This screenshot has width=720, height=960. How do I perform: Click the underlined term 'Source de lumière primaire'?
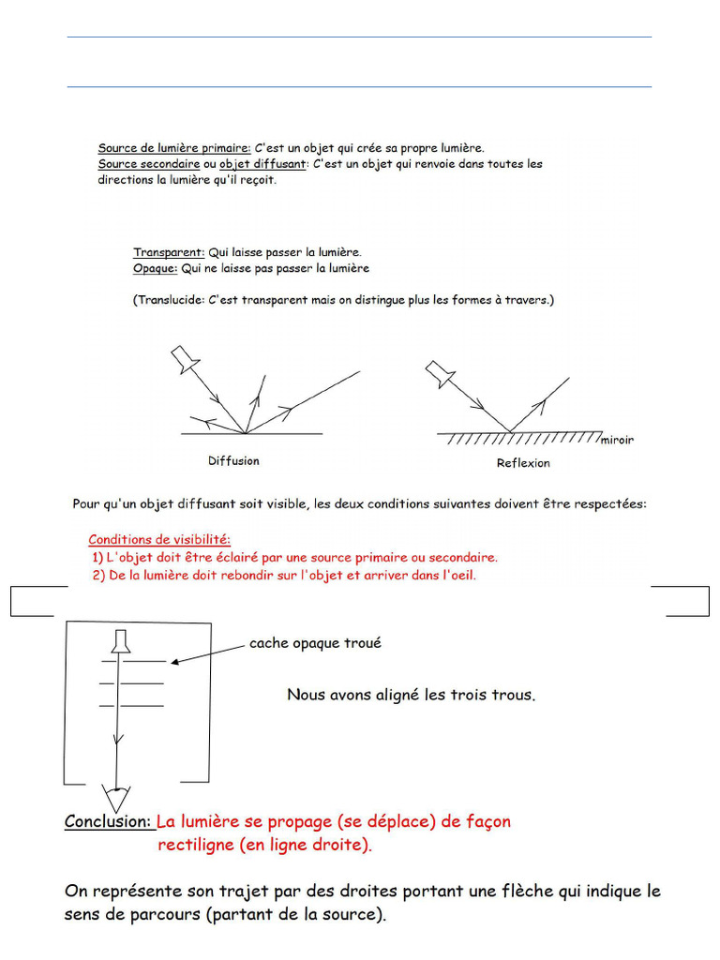tap(174, 147)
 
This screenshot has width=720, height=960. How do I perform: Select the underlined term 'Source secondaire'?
tap(149, 163)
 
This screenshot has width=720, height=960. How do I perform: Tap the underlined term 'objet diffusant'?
tap(262, 163)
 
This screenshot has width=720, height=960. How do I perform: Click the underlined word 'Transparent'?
tap(169, 252)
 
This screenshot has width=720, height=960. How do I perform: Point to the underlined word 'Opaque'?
tap(156, 268)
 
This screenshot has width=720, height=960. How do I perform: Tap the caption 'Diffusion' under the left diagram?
tap(233, 461)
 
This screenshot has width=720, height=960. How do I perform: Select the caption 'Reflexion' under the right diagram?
tap(523, 463)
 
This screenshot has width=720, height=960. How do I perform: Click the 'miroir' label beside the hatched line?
tap(617, 440)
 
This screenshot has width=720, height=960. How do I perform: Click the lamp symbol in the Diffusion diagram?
tap(185, 359)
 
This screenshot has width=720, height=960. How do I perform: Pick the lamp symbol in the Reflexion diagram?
tap(440, 373)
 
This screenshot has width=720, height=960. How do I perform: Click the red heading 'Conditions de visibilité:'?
tap(159, 539)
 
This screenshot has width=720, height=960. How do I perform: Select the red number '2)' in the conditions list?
tap(99, 575)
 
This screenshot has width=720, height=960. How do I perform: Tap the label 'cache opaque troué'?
tap(315, 643)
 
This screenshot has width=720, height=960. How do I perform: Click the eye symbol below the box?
tap(115, 798)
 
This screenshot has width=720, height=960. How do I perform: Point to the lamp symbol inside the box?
tap(121, 641)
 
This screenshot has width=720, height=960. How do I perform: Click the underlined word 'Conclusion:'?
tap(108, 821)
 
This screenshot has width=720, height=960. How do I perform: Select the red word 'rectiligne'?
tap(196, 845)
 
